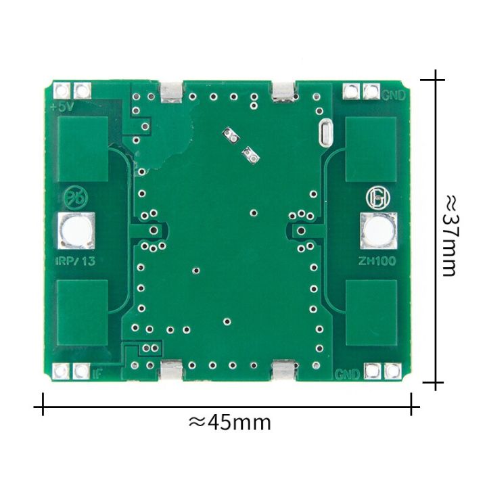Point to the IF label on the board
[x=97, y=372]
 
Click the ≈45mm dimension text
[x=229, y=422]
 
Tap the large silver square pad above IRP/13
[x=76, y=229]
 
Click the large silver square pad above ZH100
[x=378, y=229]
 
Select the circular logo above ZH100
[x=375, y=198]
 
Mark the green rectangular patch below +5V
[x=83, y=149]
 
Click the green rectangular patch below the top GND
[x=371, y=149]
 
